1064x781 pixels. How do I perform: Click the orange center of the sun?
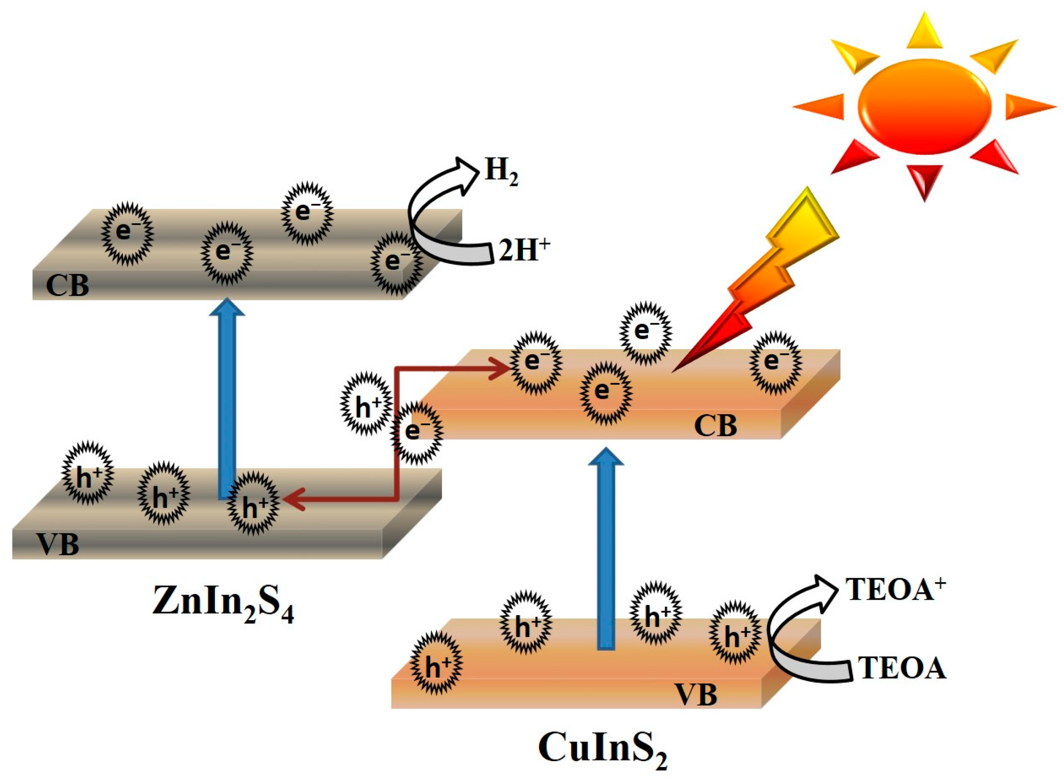(x=924, y=106)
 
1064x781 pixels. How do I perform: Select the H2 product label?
(x=501, y=171)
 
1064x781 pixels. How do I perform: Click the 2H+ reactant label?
(x=524, y=250)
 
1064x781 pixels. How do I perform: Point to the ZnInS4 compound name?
(x=223, y=603)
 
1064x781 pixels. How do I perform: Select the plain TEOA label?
(x=902, y=668)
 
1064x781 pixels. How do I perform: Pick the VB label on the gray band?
(x=58, y=544)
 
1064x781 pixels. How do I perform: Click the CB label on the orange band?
(x=715, y=426)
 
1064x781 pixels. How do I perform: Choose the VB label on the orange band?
(x=696, y=695)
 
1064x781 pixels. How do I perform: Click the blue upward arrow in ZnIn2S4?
(x=227, y=400)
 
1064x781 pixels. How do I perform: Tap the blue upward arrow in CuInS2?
(x=606, y=550)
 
